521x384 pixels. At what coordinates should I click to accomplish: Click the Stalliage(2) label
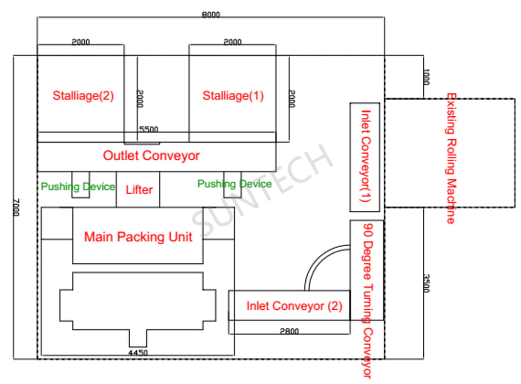pos(83,96)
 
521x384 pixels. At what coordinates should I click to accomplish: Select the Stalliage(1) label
pos(233,96)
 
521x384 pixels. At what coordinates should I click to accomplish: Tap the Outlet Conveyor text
pos(151,156)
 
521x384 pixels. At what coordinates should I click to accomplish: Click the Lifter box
pos(139,190)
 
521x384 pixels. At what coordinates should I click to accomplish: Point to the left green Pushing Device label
pos(78,187)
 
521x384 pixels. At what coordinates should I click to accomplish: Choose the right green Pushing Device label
pos(234,184)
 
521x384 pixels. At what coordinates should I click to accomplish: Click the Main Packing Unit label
pos(138,237)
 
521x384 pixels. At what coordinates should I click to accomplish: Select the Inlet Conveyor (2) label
pos(294,306)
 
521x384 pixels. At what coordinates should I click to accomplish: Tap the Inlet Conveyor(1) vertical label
pos(365,157)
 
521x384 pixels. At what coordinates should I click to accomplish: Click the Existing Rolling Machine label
pos(450,158)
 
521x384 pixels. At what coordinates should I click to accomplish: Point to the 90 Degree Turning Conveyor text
pos(366,300)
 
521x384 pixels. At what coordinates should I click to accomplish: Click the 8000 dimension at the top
pos(211,15)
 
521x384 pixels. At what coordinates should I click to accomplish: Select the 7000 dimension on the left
pos(16,208)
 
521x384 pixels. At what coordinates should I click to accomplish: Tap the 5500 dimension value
pos(149,130)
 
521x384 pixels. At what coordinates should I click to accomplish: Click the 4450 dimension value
pos(138,352)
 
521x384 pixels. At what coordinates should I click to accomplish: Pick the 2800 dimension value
pos(290,331)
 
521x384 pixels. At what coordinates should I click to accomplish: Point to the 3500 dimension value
pos(426,283)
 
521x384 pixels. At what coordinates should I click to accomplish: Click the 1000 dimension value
pos(426,78)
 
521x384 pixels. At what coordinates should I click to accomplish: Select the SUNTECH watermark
pos(262,188)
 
